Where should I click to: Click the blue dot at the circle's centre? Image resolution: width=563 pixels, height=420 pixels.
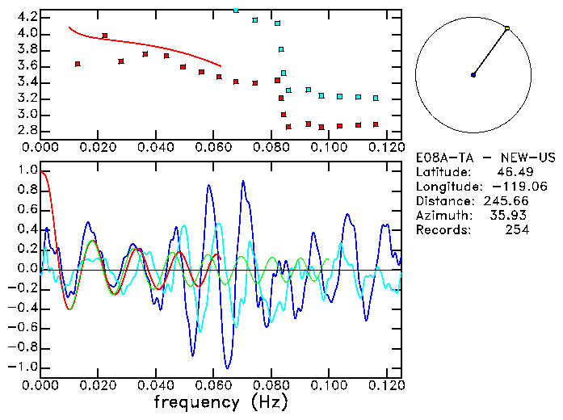(x=473, y=75)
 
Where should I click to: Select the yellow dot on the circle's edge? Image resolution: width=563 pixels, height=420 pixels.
(x=507, y=28)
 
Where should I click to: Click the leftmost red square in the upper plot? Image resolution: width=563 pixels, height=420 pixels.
(x=78, y=64)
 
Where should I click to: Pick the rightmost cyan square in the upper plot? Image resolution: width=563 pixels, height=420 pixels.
(x=376, y=98)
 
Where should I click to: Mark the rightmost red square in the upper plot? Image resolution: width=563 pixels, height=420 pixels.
(x=376, y=124)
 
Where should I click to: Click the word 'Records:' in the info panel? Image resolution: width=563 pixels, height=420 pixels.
(x=443, y=230)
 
